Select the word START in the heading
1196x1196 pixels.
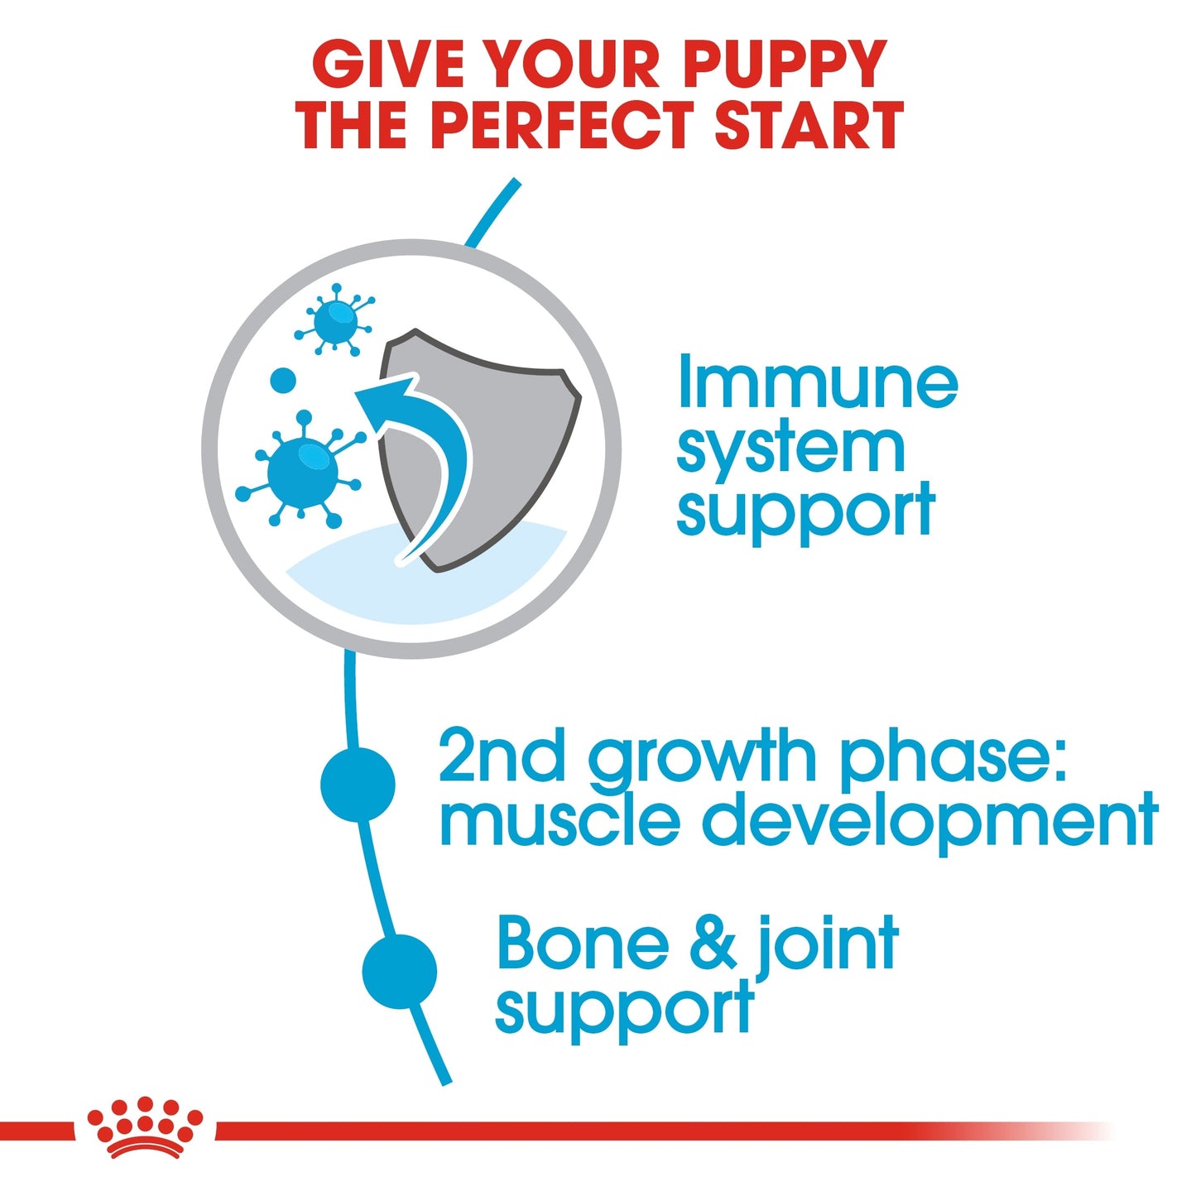[x=809, y=126]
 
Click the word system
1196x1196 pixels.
[x=790, y=449]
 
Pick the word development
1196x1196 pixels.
[x=929, y=821]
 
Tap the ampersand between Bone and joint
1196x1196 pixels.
[x=713, y=944]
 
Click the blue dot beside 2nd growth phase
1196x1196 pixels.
[x=358, y=784]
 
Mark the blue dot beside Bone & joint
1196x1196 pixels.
[x=399, y=971]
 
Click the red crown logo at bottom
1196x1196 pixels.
[x=145, y=1128]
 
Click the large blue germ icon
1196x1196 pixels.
[x=302, y=470]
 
